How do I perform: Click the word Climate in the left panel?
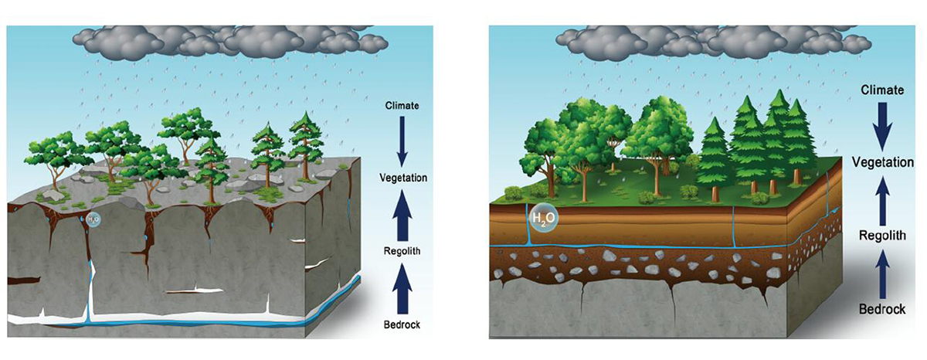[x=402, y=105]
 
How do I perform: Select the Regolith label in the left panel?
[x=402, y=251]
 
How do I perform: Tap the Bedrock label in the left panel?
[x=402, y=324]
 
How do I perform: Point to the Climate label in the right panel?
[x=881, y=90]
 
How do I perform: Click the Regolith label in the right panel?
[x=881, y=236]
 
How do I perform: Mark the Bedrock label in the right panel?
[x=881, y=309]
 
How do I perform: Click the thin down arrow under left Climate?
[x=402, y=141]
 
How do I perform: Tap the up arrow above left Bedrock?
[x=402, y=287]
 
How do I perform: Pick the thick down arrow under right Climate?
[x=881, y=125]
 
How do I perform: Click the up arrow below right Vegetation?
[x=881, y=199]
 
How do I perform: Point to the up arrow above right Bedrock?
[x=881, y=272]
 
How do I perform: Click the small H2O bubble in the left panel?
[x=93, y=220]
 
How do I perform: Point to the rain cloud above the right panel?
[x=711, y=39]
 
